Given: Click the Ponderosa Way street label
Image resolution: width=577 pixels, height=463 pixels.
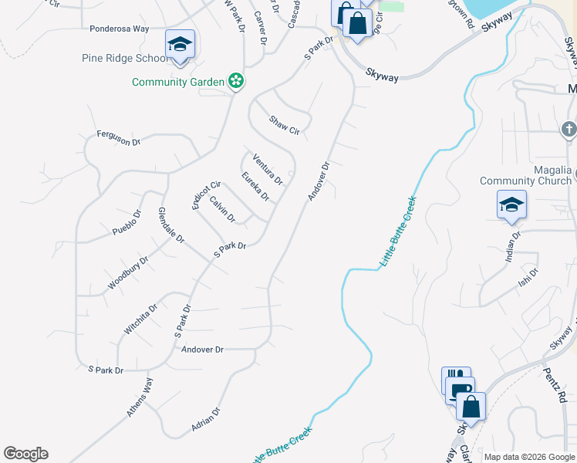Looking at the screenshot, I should click(x=119, y=29).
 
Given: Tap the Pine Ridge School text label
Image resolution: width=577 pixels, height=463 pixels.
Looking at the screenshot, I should click(x=125, y=58).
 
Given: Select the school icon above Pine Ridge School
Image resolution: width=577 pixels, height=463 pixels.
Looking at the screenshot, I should click(x=180, y=44).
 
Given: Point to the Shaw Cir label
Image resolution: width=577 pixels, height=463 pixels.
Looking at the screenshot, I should click(x=284, y=125).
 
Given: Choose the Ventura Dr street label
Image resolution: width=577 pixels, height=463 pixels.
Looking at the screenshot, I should click(x=268, y=171).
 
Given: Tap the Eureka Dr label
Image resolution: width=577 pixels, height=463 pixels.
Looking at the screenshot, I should click(x=255, y=187).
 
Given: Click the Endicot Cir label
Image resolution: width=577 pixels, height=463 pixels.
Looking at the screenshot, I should click(x=206, y=194).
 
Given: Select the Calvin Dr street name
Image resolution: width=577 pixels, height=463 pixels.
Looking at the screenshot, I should click(x=222, y=208).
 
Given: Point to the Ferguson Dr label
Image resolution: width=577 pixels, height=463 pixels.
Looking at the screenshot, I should click(x=119, y=138).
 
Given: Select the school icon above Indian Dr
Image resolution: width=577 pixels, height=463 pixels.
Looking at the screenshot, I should click(x=511, y=205).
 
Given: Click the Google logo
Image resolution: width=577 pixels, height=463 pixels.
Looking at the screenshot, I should click(x=25, y=454).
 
